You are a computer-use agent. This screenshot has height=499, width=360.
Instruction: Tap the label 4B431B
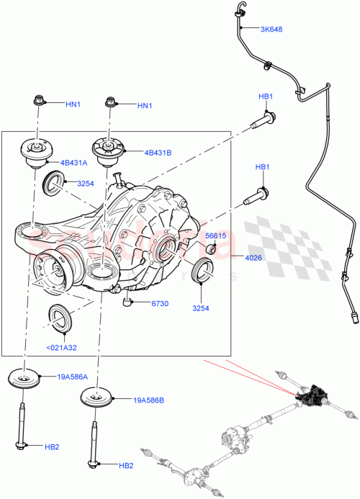(x=158, y=152)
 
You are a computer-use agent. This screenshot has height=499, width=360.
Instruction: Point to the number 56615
(x=217, y=235)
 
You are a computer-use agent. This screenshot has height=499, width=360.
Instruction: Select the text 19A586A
(x=73, y=376)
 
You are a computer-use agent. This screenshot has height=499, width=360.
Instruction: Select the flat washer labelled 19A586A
(x=27, y=380)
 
